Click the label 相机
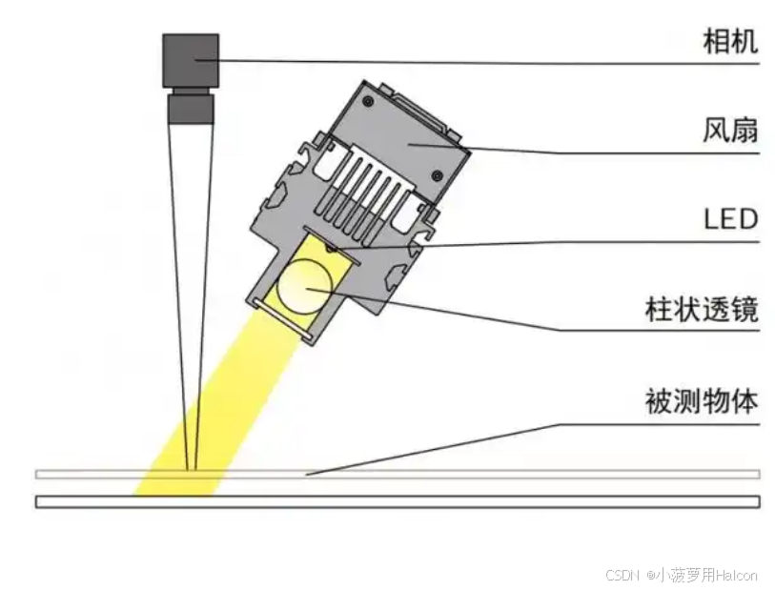729,41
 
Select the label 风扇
729,129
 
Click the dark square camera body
191,60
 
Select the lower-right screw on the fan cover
435,174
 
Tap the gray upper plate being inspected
477,474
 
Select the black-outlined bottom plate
477,501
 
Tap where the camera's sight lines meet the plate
192,470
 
